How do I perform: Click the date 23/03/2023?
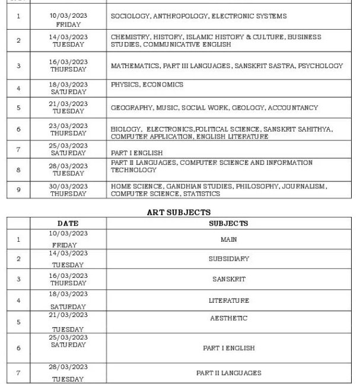[68, 126]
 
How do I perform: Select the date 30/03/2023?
[68, 186]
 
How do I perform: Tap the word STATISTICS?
[202, 194]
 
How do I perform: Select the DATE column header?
[68, 223]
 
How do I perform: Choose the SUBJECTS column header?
[228, 223]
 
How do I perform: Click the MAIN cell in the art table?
[228, 239]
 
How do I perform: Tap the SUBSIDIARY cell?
[228, 259]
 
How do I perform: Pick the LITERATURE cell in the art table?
[228, 300]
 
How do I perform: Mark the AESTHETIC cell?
[228, 318]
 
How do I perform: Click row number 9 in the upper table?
[18, 190]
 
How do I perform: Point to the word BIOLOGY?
[125, 129]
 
